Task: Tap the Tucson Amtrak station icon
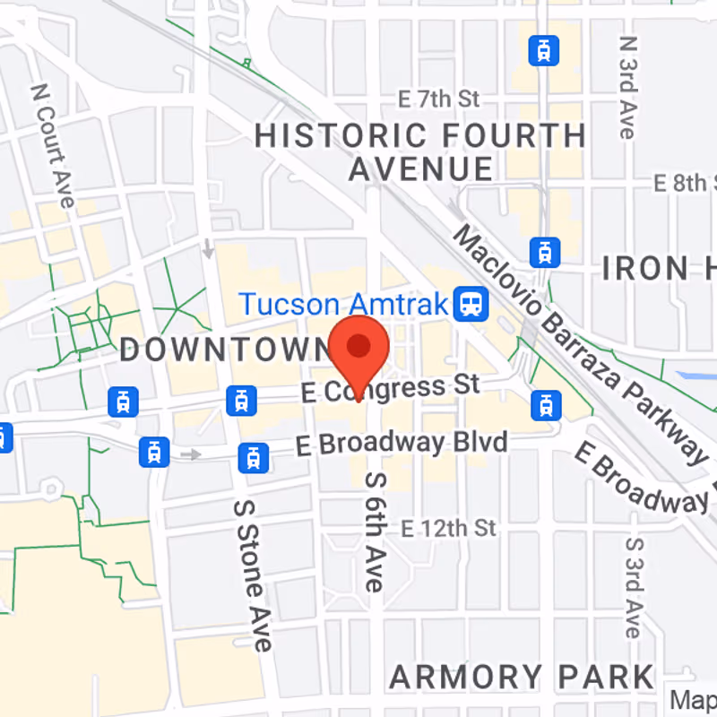[469, 304]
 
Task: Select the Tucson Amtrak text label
[342, 305]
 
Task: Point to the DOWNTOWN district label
[225, 350]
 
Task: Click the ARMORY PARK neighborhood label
[523, 677]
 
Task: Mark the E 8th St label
[686, 184]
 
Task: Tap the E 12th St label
[448, 527]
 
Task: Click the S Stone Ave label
[251, 574]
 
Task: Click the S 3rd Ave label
[635, 587]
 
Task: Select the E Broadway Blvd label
[401, 443]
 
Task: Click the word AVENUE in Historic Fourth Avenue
[421, 168]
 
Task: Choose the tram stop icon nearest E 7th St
[543, 50]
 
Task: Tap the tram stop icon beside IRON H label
[543, 253]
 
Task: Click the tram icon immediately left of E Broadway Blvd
[254, 458]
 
